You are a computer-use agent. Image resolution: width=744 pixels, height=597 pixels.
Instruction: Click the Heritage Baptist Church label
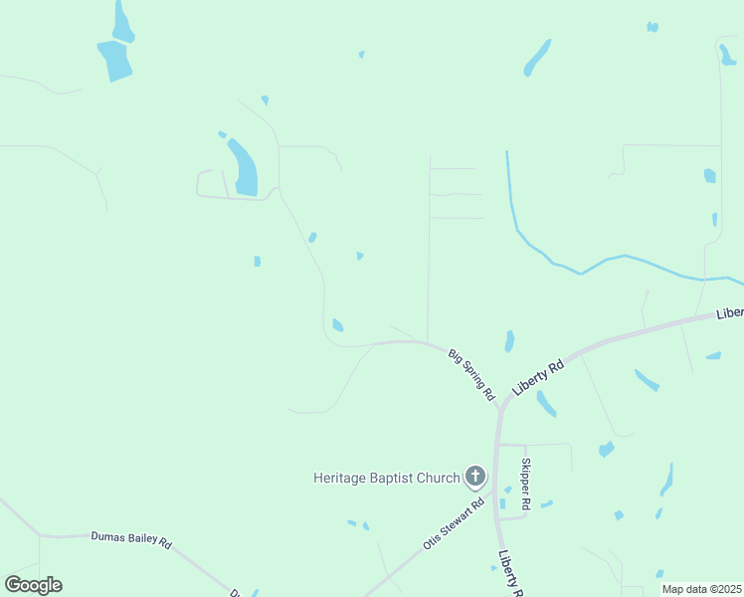tap(386, 478)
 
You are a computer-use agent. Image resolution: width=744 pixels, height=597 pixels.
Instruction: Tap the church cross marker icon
tap(475, 477)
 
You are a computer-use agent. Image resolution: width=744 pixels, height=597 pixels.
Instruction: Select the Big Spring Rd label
tap(471, 374)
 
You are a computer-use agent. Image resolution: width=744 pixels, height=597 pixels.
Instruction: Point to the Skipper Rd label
tap(526, 484)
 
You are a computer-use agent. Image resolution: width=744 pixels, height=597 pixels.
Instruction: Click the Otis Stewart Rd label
tap(453, 524)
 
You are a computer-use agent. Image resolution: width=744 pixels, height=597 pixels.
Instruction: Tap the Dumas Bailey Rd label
tap(131, 540)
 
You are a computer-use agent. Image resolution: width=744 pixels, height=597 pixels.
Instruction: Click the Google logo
tap(33, 585)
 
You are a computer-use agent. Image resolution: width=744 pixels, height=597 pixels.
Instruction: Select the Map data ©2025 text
tap(701, 589)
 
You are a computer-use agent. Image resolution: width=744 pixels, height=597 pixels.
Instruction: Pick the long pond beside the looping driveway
tap(243, 167)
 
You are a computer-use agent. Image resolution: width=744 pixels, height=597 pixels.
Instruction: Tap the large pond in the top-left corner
tap(114, 60)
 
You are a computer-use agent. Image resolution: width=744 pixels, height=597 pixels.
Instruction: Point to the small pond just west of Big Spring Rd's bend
tap(338, 325)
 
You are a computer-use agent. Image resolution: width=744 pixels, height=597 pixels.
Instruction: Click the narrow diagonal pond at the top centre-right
tap(537, 58)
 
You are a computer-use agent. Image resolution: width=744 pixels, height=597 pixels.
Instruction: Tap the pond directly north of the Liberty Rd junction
tap(509, 341)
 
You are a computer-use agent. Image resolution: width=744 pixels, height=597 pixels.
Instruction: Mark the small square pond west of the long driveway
tap(257, 262)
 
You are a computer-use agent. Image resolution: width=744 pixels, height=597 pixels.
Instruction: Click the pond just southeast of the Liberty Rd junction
tap(546, 403)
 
